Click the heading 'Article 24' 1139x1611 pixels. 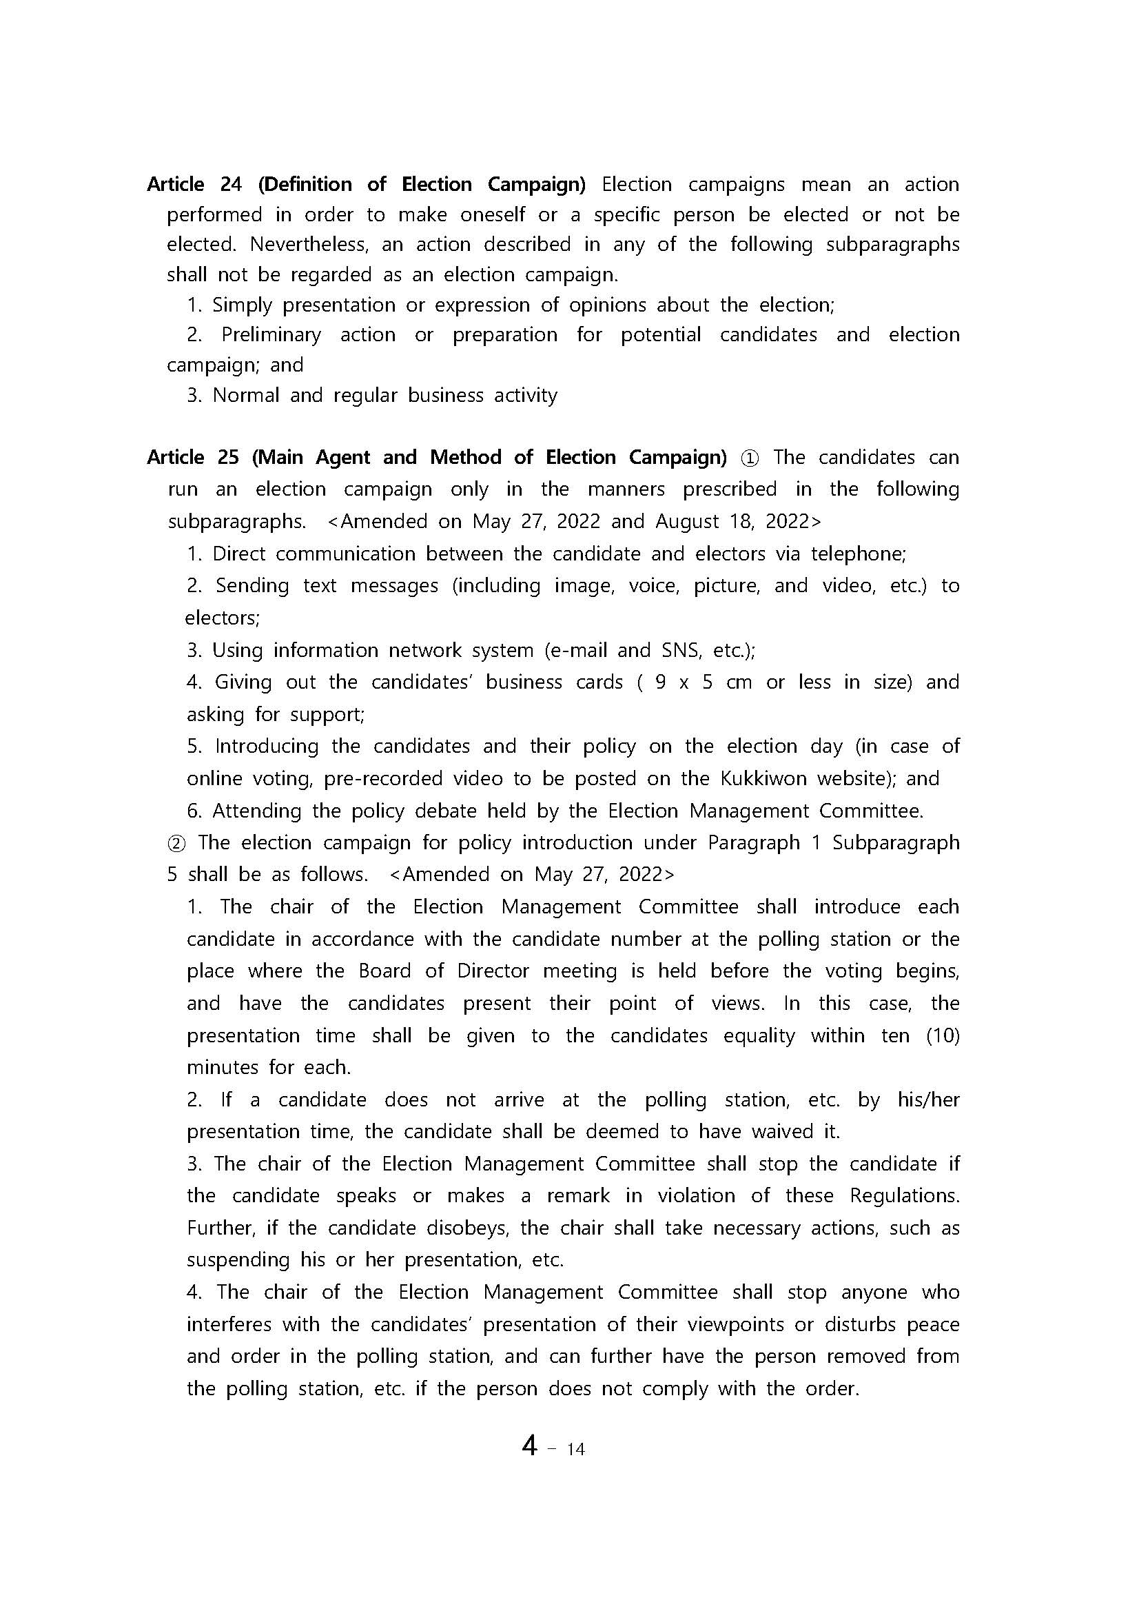click(194, 185)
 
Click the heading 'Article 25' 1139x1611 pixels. click(193, 458)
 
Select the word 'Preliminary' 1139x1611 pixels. click(271, 336)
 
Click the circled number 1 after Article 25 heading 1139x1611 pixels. click(749, 458)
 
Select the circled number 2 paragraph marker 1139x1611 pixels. click(178, 843)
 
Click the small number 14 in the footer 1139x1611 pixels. click(575, 1450)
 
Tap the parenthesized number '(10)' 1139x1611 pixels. click(943, 1035)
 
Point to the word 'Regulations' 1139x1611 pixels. click(904, 1195)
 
